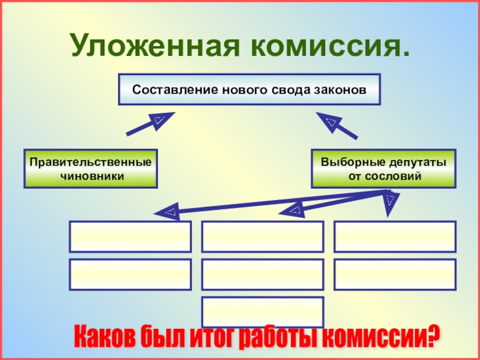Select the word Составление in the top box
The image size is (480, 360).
pyautogui.click(x=167, y=90)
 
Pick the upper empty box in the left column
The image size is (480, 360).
pyautogui.click(x=130, y=236)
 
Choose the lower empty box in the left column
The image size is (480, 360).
pyautogui.click(x=130, y=274)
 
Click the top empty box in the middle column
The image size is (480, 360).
pyautogui.click(x=263, y=236)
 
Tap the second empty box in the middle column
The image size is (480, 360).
pyautogui.click(x=263, y=274)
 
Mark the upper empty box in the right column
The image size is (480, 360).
pyautogui.click(x=395, y=236)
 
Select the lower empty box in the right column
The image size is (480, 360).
pyautogui.click(x=395, y=274)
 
